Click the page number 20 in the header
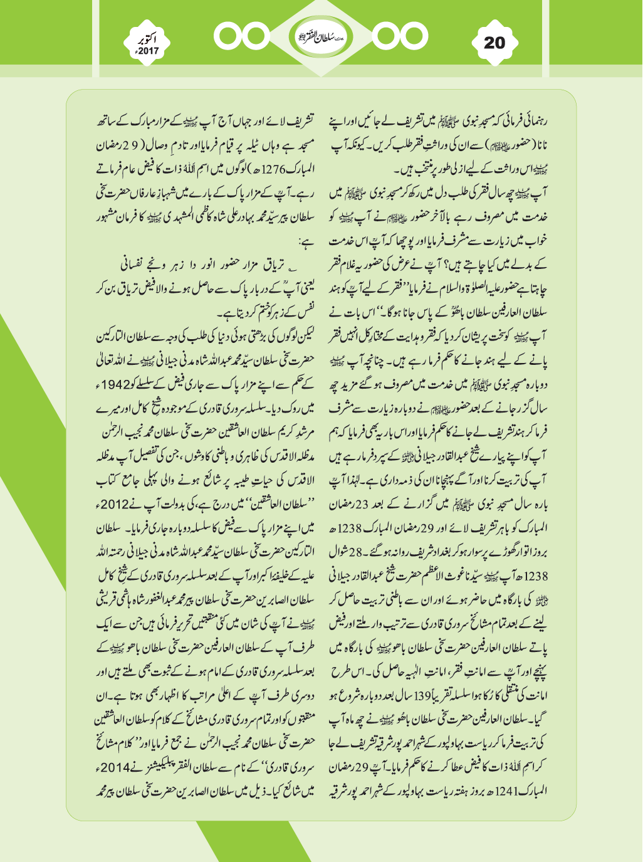pyautogui.click(x=494, y=42)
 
